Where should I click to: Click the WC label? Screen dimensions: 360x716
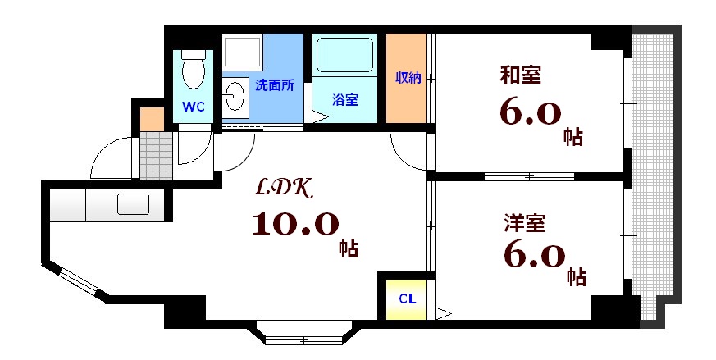click(x=194, y=107)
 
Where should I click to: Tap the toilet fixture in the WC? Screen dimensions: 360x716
click(x=194, y=69)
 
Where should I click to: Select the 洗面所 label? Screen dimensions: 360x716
click(x=274, y=84)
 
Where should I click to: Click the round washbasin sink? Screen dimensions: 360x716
click(x=235, y=97)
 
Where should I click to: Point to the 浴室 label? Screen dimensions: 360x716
click(x=344, y=100)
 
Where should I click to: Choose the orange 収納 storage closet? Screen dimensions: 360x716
click(x=407, y=79)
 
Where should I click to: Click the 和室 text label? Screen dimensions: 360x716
click(x=520, y=75)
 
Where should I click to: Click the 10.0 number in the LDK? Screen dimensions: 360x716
click(x=294, y=223)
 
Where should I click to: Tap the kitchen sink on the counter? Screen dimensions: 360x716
click(x=132, y=203)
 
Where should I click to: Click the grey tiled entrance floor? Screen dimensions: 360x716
click(x=155, y=155)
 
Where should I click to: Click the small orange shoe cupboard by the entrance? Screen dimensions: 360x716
click(x=152, y=118)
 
